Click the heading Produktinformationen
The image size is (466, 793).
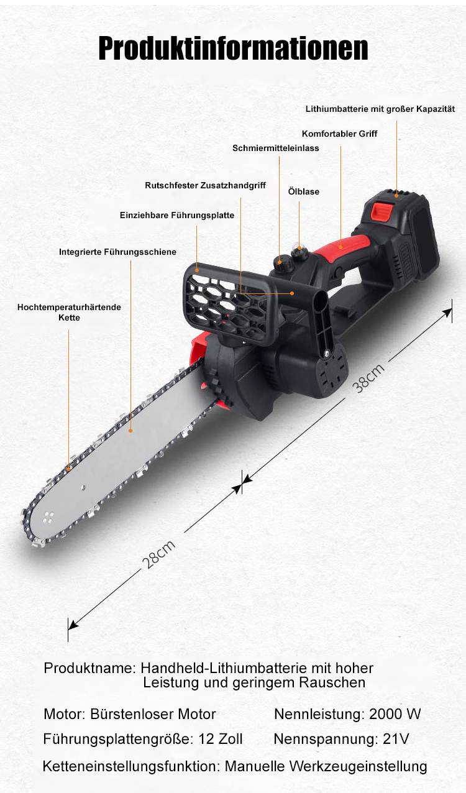233,48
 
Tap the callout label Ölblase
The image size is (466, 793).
304,191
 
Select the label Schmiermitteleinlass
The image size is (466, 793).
276,148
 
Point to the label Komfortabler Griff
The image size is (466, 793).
339,134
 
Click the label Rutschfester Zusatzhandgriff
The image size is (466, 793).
205,185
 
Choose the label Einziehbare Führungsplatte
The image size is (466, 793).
177,215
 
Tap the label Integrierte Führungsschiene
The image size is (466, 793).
117,252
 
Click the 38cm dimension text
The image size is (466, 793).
368,378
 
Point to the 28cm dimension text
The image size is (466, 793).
158,554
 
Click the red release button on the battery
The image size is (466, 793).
381,211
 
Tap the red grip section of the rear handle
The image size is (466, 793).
342,248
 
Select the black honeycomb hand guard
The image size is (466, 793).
230,304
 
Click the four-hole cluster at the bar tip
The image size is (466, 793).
48,517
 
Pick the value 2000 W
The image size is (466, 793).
395,714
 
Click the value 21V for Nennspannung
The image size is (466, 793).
396,739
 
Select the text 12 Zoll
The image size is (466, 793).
221,739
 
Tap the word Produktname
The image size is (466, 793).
88,668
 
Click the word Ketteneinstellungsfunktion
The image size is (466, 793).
131,766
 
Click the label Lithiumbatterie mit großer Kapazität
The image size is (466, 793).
380,109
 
